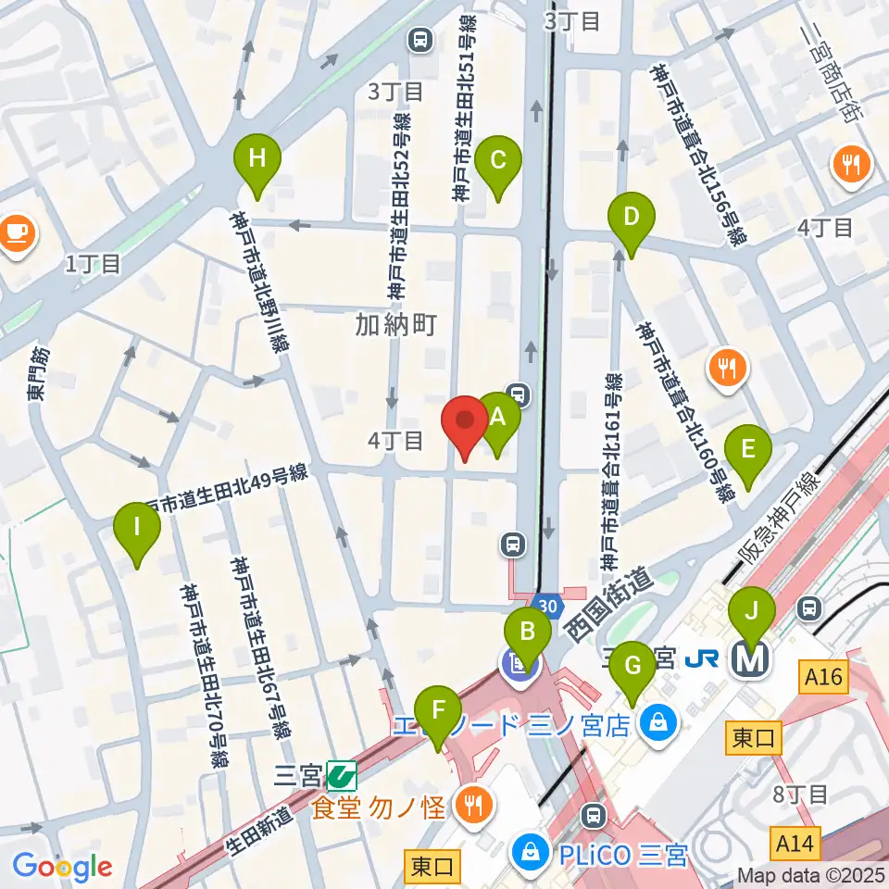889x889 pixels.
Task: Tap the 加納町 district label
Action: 395,324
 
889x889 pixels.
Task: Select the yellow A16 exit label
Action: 823,678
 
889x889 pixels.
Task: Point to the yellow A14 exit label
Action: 795,844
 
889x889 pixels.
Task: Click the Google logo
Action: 62,867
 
